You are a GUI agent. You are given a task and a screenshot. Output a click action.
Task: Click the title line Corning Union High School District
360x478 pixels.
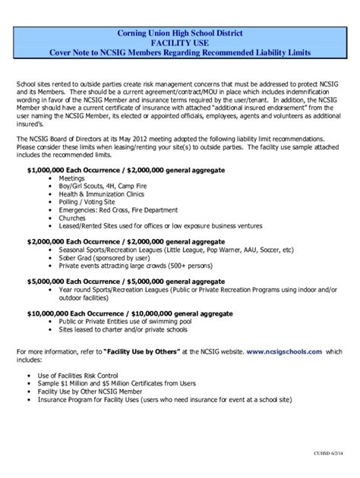click(180, 33)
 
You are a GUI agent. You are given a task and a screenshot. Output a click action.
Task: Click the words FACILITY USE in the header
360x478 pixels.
click(180, 43)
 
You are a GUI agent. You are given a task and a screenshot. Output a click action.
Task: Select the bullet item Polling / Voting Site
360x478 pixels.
click(90, 202)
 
